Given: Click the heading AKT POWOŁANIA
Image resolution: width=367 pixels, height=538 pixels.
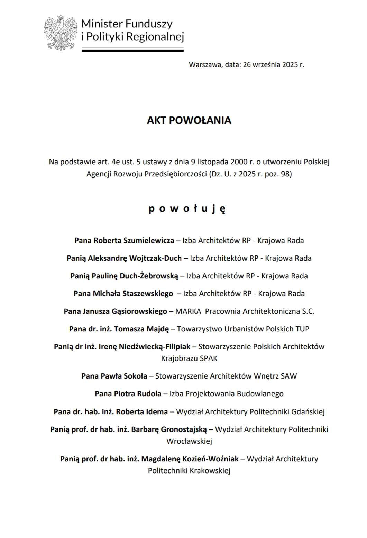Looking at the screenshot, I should (189, 120).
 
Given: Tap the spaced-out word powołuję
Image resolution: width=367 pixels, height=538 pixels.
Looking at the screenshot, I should (187, 209).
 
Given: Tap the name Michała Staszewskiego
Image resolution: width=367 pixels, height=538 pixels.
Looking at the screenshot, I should (133, 294).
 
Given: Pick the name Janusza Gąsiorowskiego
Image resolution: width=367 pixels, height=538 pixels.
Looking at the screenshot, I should (125, 311).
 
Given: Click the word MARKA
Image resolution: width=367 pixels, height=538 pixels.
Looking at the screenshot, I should (188, 311).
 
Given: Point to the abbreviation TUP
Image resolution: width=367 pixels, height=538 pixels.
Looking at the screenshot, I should (302, 329).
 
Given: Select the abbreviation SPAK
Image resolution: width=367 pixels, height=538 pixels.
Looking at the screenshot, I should (209, 358).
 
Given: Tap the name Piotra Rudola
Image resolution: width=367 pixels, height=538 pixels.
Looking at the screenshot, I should (137, 394).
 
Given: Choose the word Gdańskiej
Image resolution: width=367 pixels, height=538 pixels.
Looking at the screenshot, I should (308, 412).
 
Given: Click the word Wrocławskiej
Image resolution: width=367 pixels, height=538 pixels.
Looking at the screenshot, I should (189, 441).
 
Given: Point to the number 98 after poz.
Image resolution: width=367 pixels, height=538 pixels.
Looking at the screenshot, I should (285, 174).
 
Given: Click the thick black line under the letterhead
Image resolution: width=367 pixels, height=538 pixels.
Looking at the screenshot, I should (132, 51).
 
